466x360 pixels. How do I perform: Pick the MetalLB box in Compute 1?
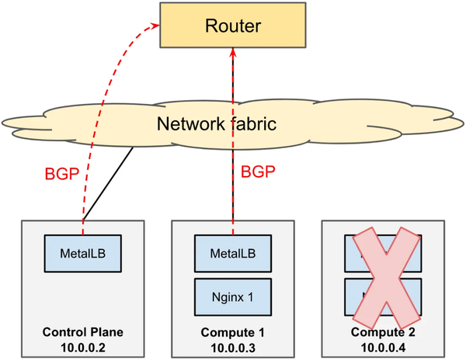tap(232, 254)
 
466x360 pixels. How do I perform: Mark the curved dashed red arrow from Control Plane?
tap(86, 116)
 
